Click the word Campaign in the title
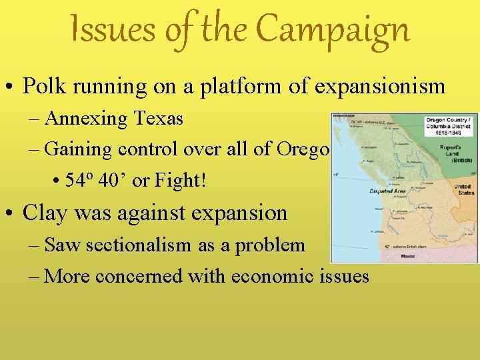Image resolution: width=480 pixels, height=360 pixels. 333,30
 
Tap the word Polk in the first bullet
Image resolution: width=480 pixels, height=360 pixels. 43,86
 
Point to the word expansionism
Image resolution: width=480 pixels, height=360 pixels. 379,86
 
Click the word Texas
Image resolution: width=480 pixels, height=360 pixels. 158,119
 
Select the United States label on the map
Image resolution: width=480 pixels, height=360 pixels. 465,189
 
